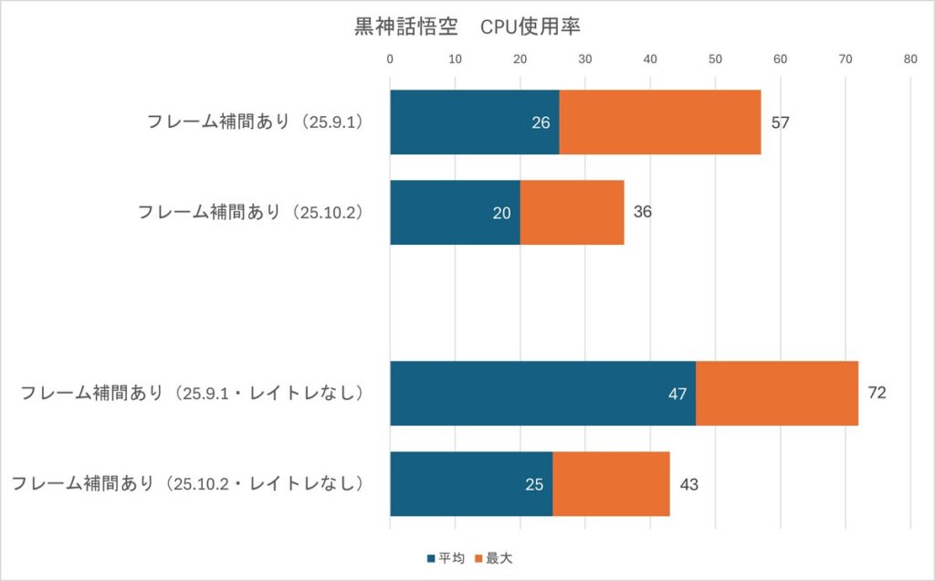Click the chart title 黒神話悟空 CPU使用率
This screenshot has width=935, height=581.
pos(467,27)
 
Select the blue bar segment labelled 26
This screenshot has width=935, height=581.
pos(474,122)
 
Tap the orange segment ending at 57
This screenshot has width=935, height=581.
pos(659,122)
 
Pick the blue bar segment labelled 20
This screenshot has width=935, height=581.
pos(455,212)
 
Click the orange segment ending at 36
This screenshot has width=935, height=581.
pos(572,212)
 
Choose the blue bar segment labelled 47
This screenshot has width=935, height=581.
pos(542,393)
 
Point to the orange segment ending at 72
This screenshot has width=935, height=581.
pos(776,393)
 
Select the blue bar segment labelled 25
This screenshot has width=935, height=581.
pos(471,483)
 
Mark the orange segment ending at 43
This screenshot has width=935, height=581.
pos(611,483)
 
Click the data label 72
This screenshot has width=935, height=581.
pos(877,393)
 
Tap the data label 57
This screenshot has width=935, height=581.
pos(780,122)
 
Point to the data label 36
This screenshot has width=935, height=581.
pos(643,212)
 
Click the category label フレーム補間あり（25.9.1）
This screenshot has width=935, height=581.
pos(256,122)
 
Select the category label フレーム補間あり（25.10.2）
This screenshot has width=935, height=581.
pos(250,212)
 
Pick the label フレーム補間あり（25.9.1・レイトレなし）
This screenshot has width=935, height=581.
pos(192,393)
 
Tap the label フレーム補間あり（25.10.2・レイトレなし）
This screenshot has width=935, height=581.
pos(187,483)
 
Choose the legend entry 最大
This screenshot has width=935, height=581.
pos(505,557)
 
